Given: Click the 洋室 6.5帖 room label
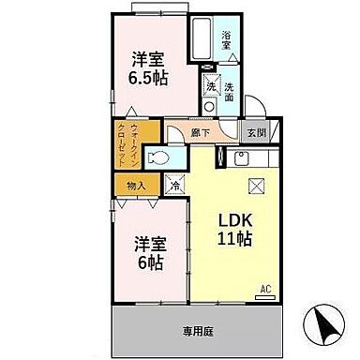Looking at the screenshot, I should (149, 67).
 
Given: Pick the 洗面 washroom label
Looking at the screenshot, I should (229, 92).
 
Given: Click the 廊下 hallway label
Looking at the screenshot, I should (199, 133).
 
